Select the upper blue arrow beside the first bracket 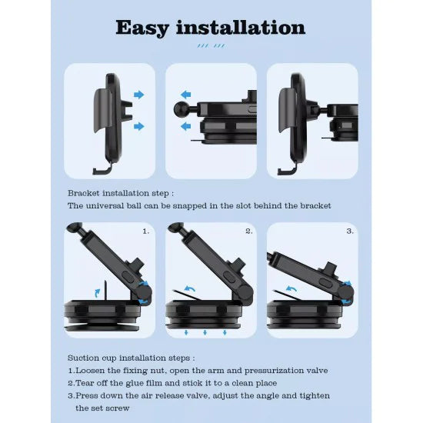coord(138,95)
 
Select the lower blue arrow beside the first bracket coord(138,125)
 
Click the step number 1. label coord(146,231)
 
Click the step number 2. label coord(248,231)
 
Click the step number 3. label coord(349,231)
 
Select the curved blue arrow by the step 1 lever coord(96,291)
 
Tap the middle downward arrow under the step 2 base coord(205,332)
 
